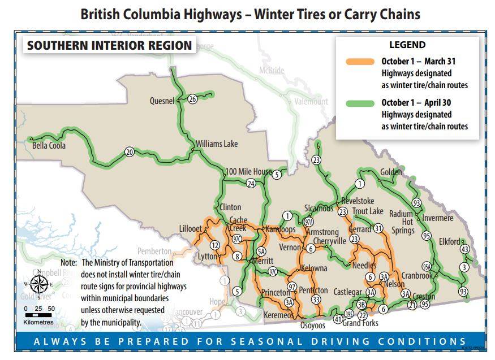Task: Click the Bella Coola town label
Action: pyautogui.click(x=49, y=146)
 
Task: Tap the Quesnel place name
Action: pyautogui.click(x=162, y=101)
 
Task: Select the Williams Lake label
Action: pyautogui.click(x=217, y=144)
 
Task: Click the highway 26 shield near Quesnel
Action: pyautogui.click(x=192, y=99)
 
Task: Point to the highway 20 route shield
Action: pyautogui.click(x=129, y=152)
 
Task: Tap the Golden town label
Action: pyautogui.click(x=391, y=172)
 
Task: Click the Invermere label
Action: pyautogui.click(x=437, y=218)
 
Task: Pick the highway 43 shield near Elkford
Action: pyautogui.click(x=465, y=249)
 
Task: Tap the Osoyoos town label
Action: pyautogui.click(x=313, y=325)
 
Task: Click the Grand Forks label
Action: pyautogui.click(x=360, y=323)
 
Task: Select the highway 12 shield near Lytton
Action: pyautogui.click(x=215, y=245)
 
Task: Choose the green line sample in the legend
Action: pyautogui.click(x=355, y=103)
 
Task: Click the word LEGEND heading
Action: pyautogui.click(x=407, y=45)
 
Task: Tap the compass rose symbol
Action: pyautogui.click(x=39, y=284)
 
